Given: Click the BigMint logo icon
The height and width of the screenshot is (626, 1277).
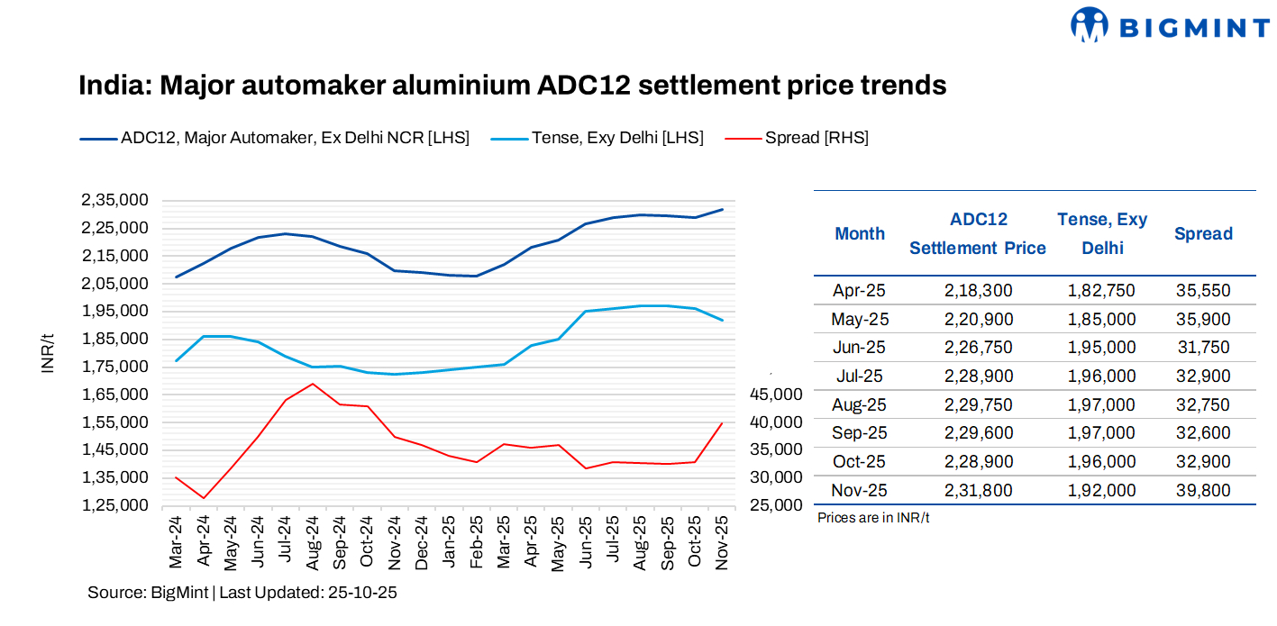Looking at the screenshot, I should [x=1089, y=24].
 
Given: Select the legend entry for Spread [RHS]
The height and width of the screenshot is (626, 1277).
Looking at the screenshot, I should [x=816, y=138].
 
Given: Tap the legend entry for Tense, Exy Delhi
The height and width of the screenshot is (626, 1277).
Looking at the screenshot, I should [x=617, y=138].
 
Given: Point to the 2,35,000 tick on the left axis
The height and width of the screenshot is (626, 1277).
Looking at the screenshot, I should [x=115, y=200].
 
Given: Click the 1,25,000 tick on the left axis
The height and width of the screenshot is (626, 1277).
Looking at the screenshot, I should [x=115, y=504].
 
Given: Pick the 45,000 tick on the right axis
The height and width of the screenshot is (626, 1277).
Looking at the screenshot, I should [x=776, y=394].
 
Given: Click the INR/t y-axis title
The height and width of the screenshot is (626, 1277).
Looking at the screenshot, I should [x=50, y=352].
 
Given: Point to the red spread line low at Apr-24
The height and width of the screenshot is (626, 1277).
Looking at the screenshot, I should [x=205, y=498].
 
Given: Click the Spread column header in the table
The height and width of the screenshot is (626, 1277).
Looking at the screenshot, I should [x=1203, y=234].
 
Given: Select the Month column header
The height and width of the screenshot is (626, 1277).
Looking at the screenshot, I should [x=860, y=234].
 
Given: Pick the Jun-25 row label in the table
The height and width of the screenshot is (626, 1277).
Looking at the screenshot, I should [x=860, y=348].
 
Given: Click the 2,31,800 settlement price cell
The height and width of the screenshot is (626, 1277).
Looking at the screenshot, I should [x=979, y=491].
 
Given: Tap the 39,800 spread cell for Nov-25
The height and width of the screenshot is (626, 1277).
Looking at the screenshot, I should [x=1203, y=491].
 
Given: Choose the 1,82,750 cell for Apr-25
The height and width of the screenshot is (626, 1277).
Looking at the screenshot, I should [x=1101, y=291].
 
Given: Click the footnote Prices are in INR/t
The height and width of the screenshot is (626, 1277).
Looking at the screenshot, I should [x=873, y=518].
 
